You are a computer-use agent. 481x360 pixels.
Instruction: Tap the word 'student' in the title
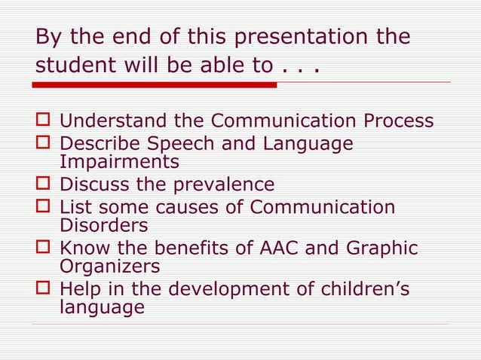pyautogui.click(x=77, y=65)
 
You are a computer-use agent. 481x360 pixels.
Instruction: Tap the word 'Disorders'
pyautogui.click(x=104, y=225)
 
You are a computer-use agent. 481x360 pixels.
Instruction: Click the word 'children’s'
pyautogui.click(x=367, y=288)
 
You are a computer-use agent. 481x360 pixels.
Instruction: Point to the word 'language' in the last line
pyautogui.click(x=102, y=307)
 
